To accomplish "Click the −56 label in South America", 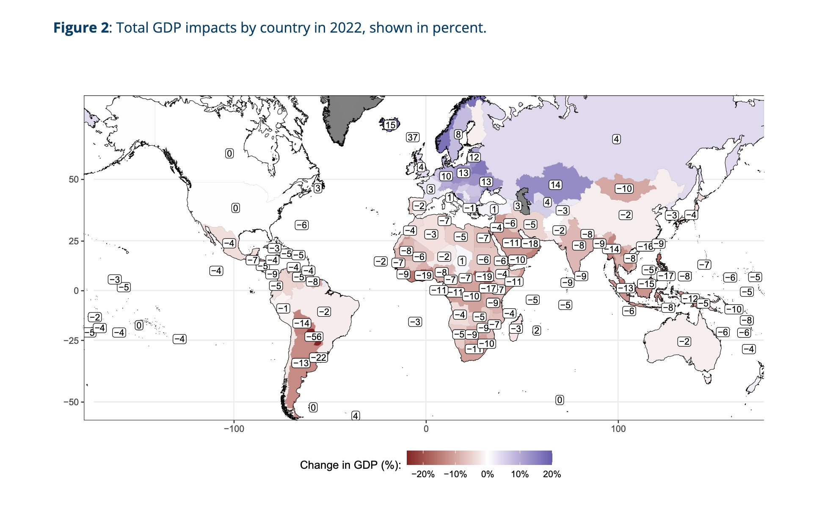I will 314,337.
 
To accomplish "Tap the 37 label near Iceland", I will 413,137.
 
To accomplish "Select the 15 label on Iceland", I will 390,125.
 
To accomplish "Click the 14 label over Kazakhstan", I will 555,185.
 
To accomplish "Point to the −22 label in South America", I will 319,358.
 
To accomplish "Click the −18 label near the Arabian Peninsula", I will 530,243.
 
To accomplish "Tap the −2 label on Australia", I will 684,341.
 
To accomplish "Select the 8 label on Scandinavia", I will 458,135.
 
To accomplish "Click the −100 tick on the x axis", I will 234,429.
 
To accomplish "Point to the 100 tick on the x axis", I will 618,429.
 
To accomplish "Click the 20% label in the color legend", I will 552,474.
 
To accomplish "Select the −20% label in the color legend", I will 423,474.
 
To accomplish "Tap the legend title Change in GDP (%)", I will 350,465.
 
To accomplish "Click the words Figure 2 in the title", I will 81,28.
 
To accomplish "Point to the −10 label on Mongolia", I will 624,189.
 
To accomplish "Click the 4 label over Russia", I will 616,139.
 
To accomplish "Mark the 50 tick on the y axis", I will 74,180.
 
